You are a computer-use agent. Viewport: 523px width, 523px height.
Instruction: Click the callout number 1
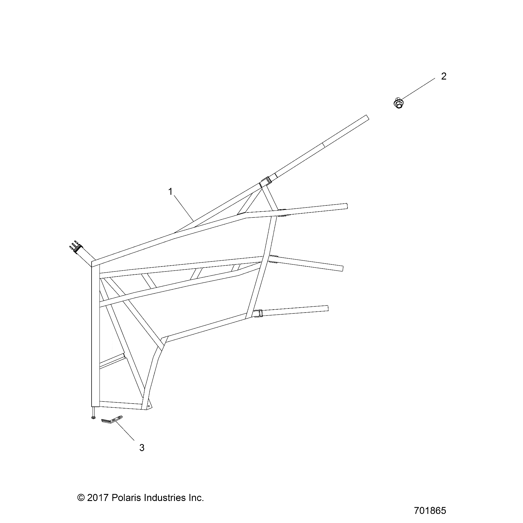click(170, 192)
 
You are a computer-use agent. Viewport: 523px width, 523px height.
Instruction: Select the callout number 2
click(443, 76)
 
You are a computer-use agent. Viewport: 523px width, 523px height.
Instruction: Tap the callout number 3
click(142, 448)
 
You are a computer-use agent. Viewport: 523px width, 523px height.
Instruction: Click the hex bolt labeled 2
click(398, 103)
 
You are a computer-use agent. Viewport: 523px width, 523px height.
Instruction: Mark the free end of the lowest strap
click(328, 308)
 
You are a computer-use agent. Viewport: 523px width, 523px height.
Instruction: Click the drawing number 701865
click(430, 510)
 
